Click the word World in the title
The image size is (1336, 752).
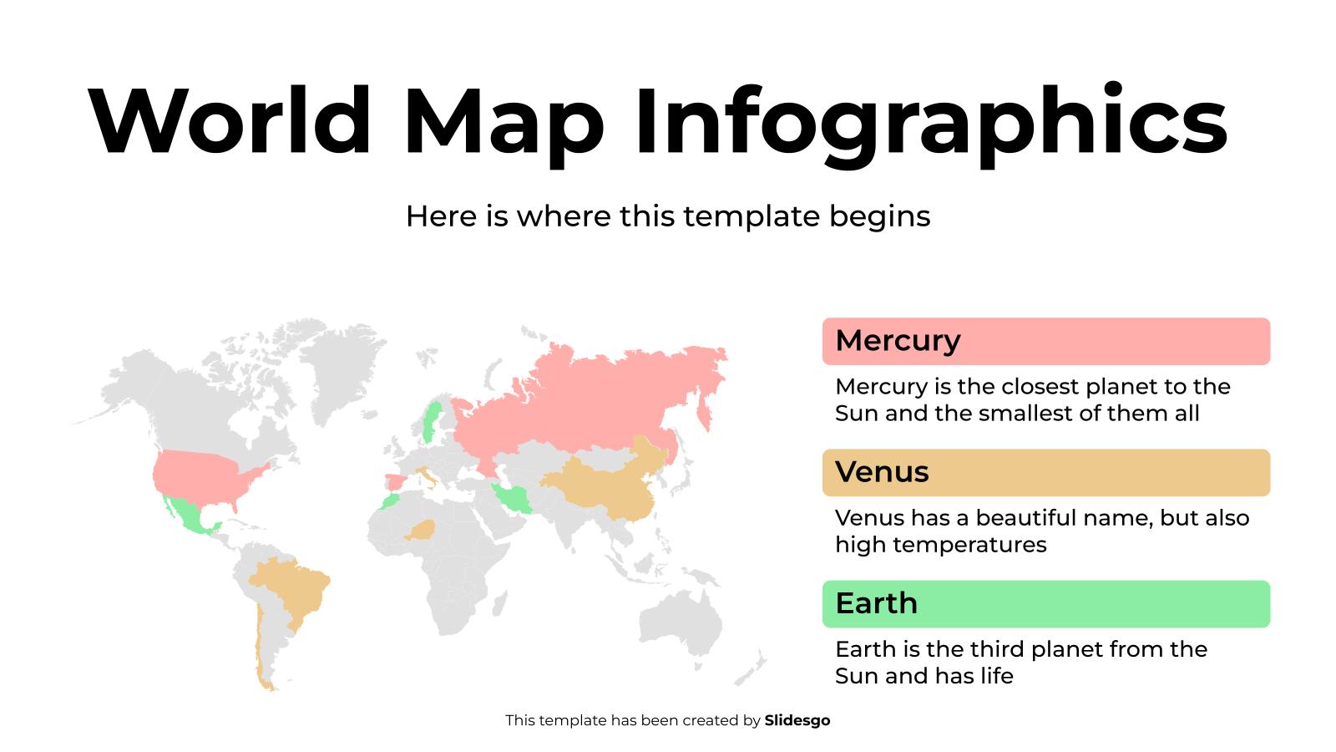point(230,121)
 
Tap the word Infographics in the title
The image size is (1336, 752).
point(930,121)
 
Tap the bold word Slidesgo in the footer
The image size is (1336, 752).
point(797,720)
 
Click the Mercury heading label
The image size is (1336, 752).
point(898,341)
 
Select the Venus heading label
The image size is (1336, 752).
point(882,472)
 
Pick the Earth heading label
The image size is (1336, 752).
point(877,603)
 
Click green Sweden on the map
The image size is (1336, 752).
point(432,422)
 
